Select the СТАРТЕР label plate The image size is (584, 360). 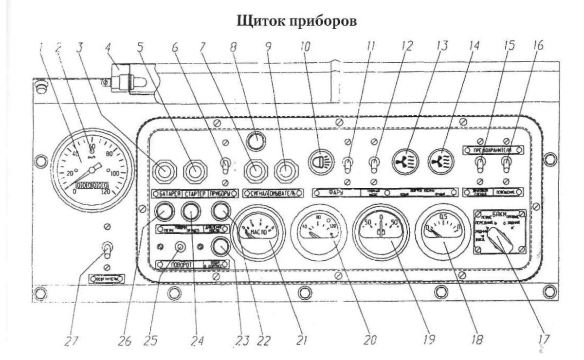click(195, 193)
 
